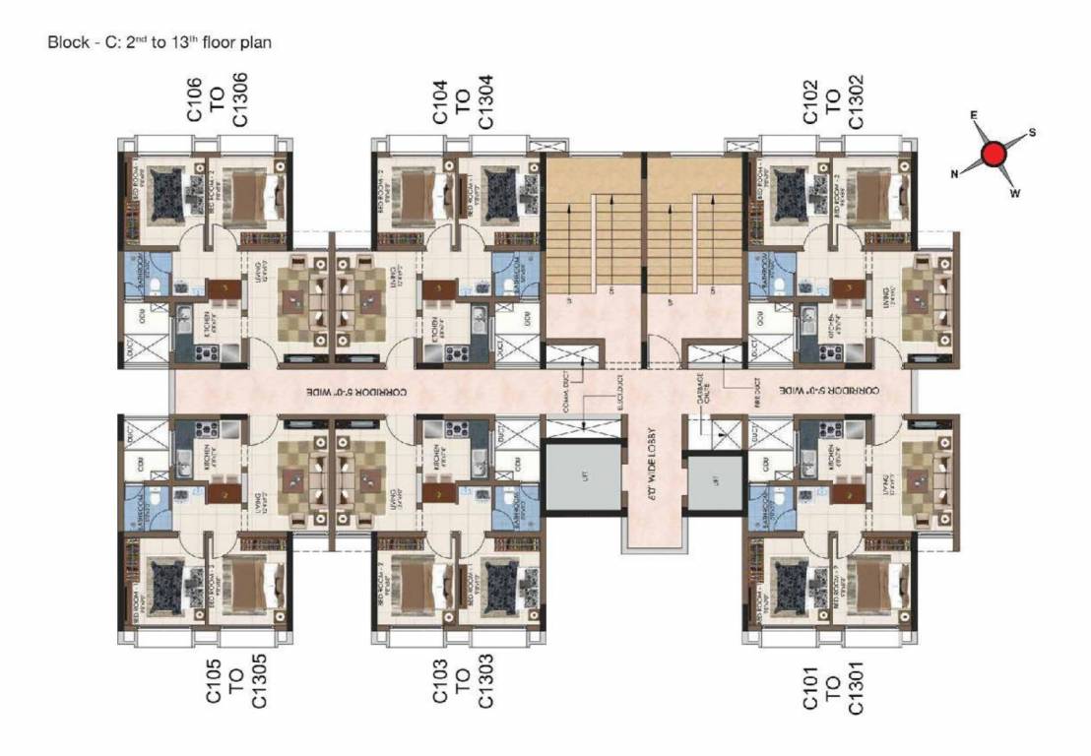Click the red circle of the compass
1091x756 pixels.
tap(995, 155)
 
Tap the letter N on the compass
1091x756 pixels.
tap(954, 174)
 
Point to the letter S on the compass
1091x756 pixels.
tap(1032, 133)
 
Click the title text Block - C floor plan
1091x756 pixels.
tap(159, 43)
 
